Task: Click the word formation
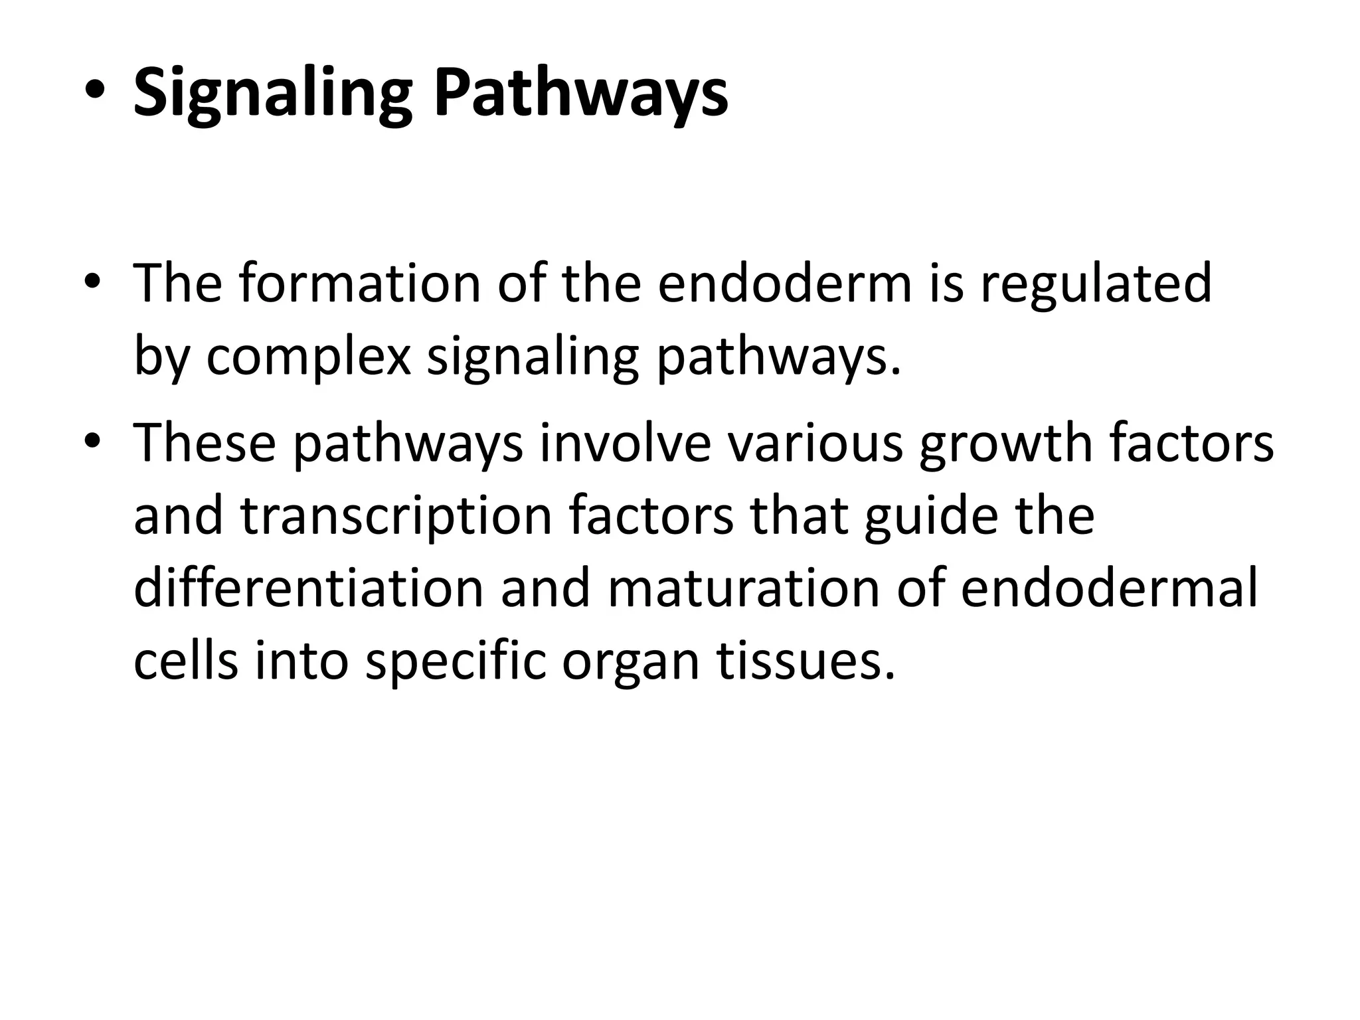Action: [x=359, y=284]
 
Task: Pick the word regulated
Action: [x=1096, y=284]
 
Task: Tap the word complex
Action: [x=309, y=357]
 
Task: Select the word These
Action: [x=205, y=443]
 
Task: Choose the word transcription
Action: [x=396, y=516]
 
